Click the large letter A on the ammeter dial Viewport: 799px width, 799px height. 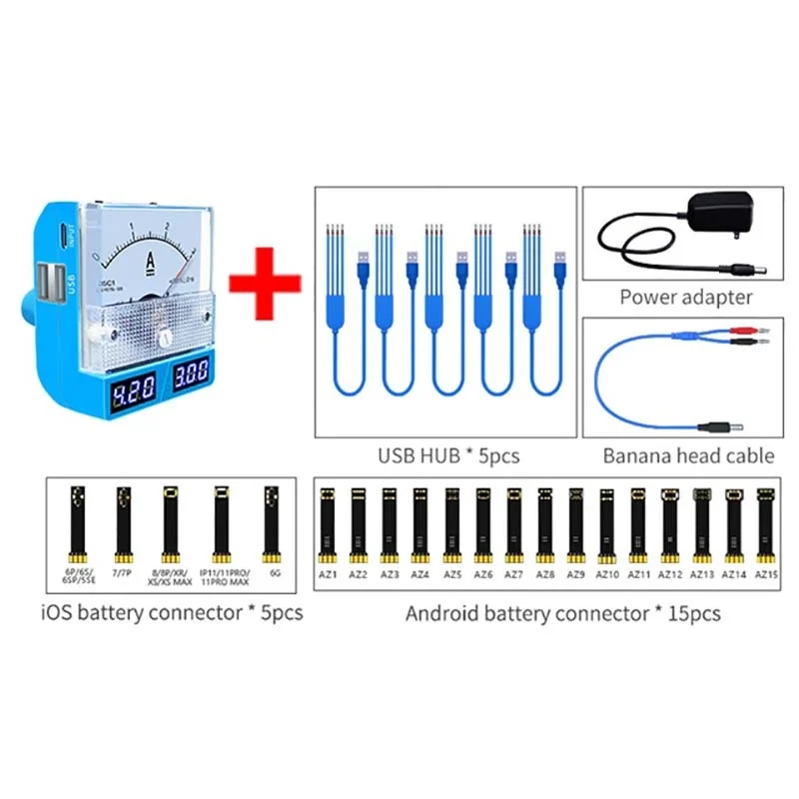coord(151,262)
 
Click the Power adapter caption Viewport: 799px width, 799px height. coord(685,297)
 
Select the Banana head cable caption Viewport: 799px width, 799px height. coord(688,456)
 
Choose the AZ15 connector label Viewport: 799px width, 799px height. coord(766,575)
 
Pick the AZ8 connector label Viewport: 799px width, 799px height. coord(545,575)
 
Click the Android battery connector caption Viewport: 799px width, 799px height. coord(562,613)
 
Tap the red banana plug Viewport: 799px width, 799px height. coord(747,327)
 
